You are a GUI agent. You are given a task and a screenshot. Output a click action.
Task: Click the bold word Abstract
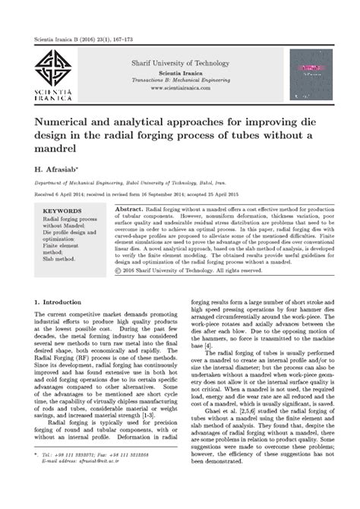click(x=131, y=207)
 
